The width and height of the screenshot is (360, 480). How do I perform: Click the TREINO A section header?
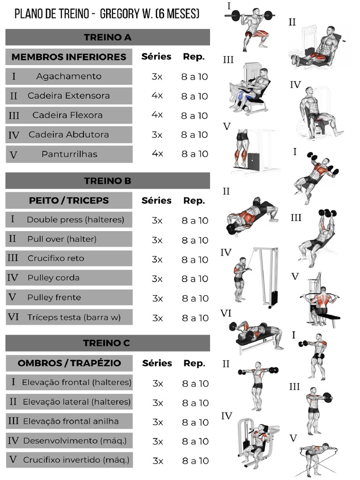tap(107, 37)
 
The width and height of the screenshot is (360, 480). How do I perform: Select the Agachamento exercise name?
tap(68, 76)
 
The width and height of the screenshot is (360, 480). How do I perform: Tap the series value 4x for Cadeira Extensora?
tap(157, 96)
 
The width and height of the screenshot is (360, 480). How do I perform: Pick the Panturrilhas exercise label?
tap(69, 154)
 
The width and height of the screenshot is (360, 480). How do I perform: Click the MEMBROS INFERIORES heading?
tap(68, 57)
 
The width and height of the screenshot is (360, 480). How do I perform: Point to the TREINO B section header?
tap(107, 180)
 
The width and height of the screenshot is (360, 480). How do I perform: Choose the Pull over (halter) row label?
tap(61, 239)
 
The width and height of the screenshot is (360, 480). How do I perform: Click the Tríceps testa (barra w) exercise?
tap(74, 317)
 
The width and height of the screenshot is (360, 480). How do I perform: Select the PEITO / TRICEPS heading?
tap(68, 200)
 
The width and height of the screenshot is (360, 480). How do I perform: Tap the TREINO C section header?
tap(107, 343)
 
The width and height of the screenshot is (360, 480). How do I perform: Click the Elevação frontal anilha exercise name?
tap(71, 421)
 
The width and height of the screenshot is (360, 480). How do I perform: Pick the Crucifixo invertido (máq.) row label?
tap(76, 460)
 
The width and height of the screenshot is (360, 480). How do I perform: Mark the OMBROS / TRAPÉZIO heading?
tap(69, 363)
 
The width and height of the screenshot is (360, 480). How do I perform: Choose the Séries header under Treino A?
tap(157, 57)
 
